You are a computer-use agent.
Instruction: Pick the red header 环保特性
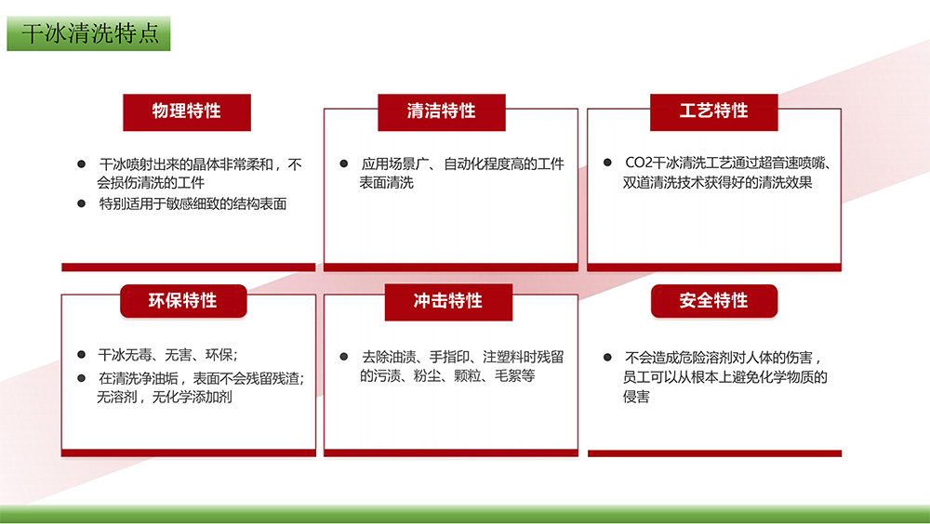183,301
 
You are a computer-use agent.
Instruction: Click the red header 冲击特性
448,302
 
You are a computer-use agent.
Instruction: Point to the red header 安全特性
714,301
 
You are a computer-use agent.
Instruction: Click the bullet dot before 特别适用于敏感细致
81,203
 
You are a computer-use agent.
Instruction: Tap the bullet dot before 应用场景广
343,164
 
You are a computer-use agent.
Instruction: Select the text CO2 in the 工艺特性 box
638,163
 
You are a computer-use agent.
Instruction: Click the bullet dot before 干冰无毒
81,355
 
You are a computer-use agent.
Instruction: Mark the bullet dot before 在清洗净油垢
81,378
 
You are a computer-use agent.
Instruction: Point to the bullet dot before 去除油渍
343,357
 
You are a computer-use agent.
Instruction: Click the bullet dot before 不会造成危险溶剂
607,358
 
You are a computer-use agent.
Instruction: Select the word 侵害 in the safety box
636,397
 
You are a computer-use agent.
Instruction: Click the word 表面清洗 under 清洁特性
386,183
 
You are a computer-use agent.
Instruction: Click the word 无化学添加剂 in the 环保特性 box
192,397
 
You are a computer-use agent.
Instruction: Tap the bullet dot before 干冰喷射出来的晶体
81,164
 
